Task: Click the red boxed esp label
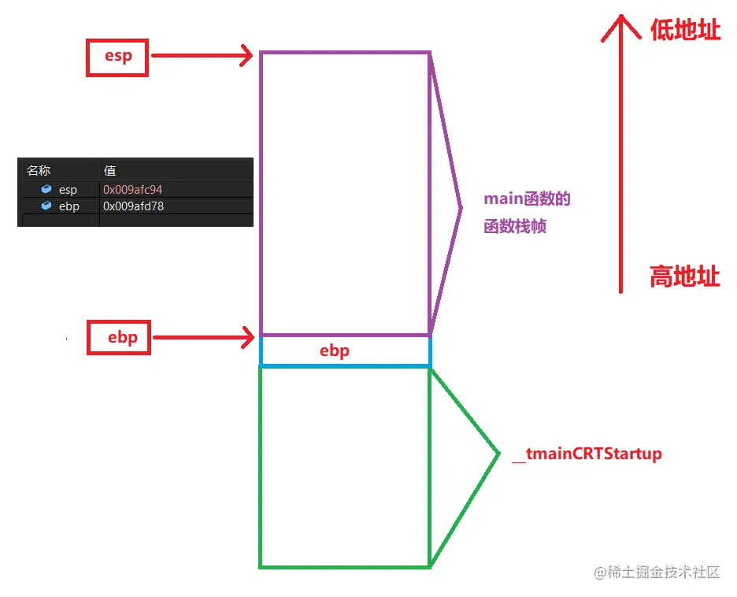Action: click(117, 57)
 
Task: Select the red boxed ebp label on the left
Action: click(118, 338)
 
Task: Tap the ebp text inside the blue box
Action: click(334, 351)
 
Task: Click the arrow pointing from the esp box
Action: click(202, 56)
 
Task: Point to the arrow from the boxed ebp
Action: click(203, 338)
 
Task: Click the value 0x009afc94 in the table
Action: click(133, 190)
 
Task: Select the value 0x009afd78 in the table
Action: click(133, 206)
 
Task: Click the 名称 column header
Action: click(38, 170)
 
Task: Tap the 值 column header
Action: click(110, 170)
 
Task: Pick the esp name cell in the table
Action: click(68, 190)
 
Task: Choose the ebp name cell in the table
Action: click(69, 206)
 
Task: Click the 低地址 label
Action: click(684, 30)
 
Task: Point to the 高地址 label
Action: click(684, 276)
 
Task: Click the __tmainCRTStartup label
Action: click(587, 454)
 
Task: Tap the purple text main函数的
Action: click(527, 199)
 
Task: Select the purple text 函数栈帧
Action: click(515, 227)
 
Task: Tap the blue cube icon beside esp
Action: click(46, 190)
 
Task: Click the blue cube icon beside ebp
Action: click(46, 206)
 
